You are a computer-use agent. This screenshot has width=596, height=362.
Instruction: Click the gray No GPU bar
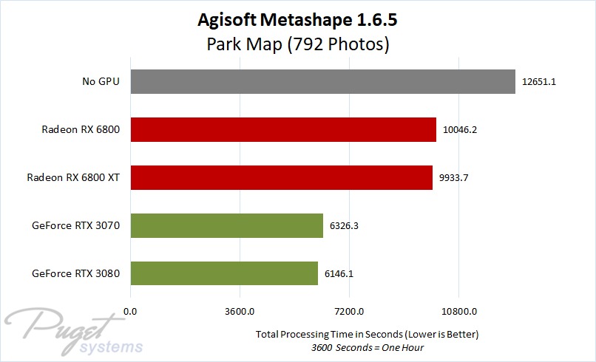(x=322, y=82)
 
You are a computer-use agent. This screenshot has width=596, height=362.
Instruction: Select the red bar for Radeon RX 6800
(x=283, y=130)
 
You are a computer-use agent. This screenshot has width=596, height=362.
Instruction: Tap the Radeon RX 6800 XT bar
(x=281, y=177)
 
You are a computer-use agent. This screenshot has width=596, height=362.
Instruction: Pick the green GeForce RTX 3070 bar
(x=227, y=225)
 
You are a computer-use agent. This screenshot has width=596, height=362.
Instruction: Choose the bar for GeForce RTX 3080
(x=224, y=273)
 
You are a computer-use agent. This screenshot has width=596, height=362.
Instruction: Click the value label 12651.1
(x=538, y=82)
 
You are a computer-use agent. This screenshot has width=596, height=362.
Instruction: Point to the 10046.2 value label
(x=459, y=130)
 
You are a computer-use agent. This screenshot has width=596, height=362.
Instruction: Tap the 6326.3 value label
(x=345, y=225)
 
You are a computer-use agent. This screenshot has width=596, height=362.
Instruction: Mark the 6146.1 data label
(x=339, y=273)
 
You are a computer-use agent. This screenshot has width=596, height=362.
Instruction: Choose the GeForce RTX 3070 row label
(x=77, y=225)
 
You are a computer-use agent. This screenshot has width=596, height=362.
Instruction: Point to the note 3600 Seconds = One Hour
(x=368, y=347)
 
